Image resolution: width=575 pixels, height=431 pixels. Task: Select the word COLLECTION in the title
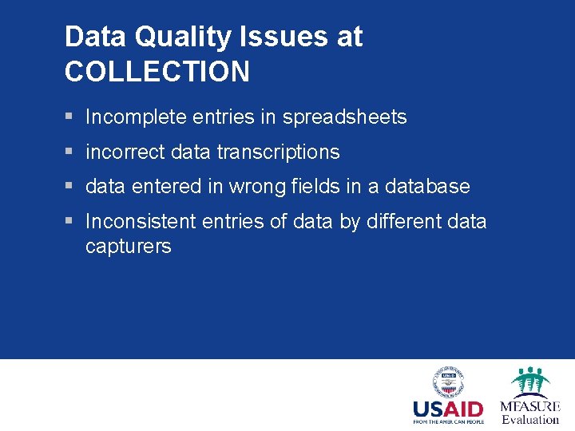tap(157, 72)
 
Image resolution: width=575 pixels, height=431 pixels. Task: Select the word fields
tap(317, 187)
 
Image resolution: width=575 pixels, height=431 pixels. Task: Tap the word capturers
tap(128, 246)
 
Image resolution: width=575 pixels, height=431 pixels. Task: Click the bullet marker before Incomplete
tap(70, 117)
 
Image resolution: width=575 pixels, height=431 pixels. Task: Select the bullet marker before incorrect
tap(70, 152)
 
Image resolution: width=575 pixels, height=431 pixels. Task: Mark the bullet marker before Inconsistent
tap(70, 221)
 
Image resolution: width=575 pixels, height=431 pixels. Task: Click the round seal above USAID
tap(448, 382)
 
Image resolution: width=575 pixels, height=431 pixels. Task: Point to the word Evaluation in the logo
tap(530, 419)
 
